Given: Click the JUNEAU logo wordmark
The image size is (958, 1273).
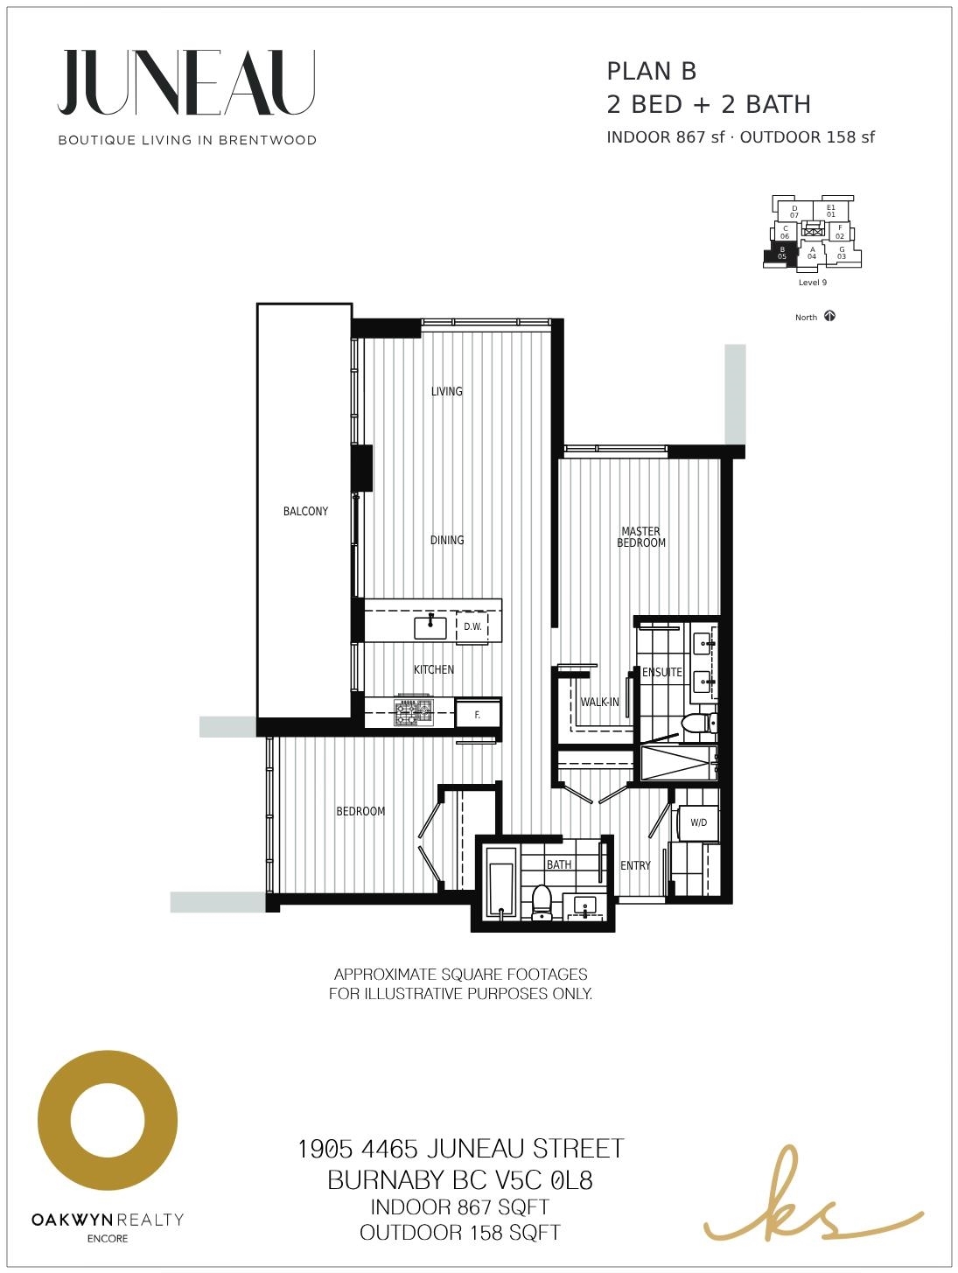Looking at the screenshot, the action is click(x=186, y=82).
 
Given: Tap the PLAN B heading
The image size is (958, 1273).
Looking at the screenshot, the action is click(x=651, y=72).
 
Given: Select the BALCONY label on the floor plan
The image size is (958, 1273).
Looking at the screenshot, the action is click(x=305, y=511).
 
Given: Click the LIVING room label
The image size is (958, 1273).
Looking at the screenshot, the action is click(x=446, y=391).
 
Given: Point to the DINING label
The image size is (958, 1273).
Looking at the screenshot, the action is click(x=447, y=540).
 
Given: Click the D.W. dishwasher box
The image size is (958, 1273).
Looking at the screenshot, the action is click(x=472, y=627).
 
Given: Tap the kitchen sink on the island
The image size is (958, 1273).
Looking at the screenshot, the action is click(x=430, y=627).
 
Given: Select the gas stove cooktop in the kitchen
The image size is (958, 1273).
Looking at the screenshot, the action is click(x=414, y=711).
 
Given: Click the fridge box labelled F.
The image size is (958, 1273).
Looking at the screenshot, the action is click(x=478, y=715).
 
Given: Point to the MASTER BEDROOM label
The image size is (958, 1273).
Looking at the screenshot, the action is click(x=640, y=536).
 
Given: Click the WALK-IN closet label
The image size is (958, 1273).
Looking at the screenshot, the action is click(x=599, y=702).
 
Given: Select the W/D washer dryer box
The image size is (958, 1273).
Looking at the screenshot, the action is click(x=698, y=822).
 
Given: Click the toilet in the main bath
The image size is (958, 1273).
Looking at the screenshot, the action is click(x=542, y=902).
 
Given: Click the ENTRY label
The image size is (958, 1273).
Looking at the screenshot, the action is click(x=635, y=865).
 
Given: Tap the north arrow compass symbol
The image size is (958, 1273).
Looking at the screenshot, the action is click(x=830, y=316).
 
